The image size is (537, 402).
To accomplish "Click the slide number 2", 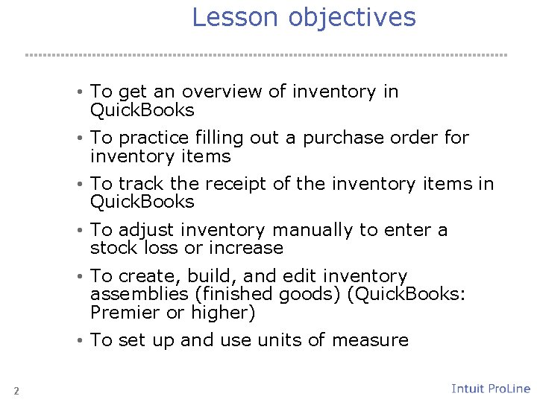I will click(x=16, y=391).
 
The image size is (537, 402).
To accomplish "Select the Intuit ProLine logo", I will click(x=491, y=389).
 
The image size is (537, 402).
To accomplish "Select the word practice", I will click(x=154, y=138).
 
